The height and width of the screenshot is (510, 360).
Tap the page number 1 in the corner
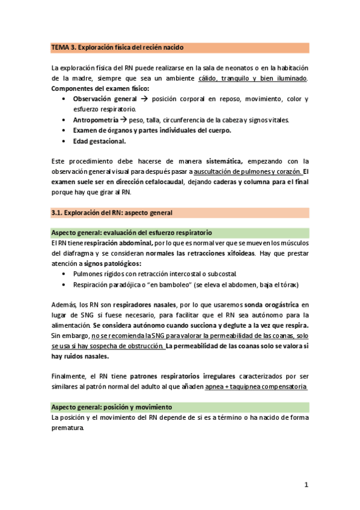(x=306, y=485)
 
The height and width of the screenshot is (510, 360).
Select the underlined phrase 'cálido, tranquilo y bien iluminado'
(x=253, y=79)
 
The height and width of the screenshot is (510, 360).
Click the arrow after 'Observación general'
(x=144, y=99)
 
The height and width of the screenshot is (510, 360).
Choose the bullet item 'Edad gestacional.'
(x=99, y=141)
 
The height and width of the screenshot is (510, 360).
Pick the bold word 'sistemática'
(x=224, y=161)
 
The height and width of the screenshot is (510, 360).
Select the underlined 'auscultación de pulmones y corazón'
(x=247, y=171)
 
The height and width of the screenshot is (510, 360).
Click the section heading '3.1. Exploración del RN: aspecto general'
(x=112, y=213)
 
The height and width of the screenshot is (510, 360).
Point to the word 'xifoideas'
(x=239, y=253)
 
